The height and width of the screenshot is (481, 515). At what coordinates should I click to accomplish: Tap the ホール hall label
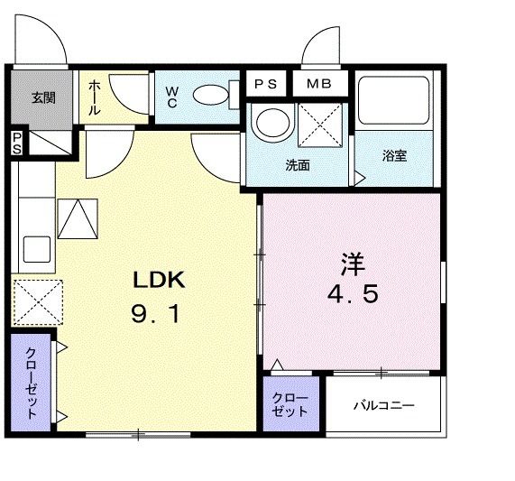click(x=94, y=98)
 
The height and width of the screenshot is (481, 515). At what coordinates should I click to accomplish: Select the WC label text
click(x=171, y=97)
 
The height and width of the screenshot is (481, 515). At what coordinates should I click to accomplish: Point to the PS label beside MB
click(x=265, y=84)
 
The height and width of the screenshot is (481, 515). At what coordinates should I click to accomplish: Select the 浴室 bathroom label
click(x=394, y=155)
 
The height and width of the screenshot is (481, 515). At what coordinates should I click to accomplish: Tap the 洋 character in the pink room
click(x=352, y=264)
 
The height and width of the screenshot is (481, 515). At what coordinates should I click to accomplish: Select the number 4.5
click(x=352, y=296)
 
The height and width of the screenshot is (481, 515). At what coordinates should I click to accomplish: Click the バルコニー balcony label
click(x=383, y=405)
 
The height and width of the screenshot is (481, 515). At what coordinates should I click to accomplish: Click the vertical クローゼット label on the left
click(x=32, y=384)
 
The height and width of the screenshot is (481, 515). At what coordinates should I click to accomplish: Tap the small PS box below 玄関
click(x=17, y=143)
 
